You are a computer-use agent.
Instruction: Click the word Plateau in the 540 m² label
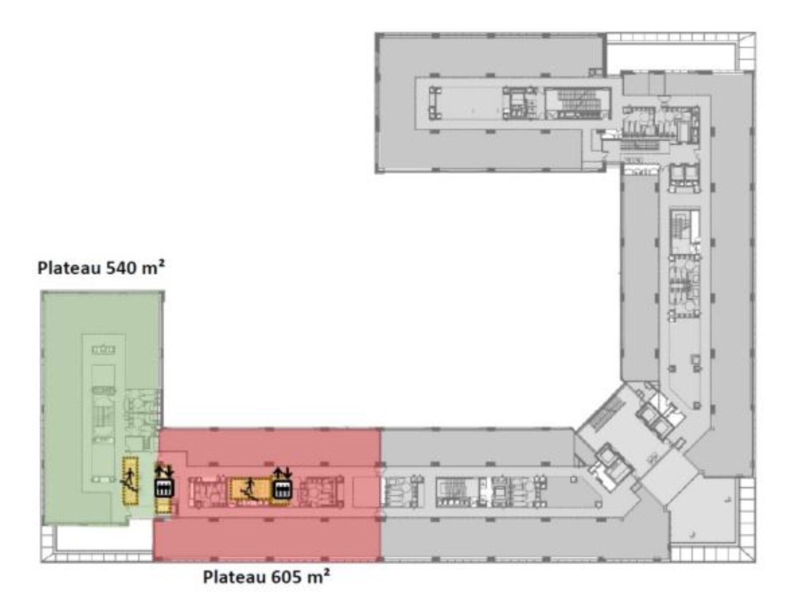click(x=68, y=268)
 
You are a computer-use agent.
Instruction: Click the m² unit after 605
click(x=318, y=576)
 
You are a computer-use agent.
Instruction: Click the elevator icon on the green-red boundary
click(x=164, y=488)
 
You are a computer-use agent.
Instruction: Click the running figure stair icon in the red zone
click(x=249, y=489)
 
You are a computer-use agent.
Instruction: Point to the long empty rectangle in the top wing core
click(x=472, y=103)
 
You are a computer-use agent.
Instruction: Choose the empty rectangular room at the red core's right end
click(x=365, y=492)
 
